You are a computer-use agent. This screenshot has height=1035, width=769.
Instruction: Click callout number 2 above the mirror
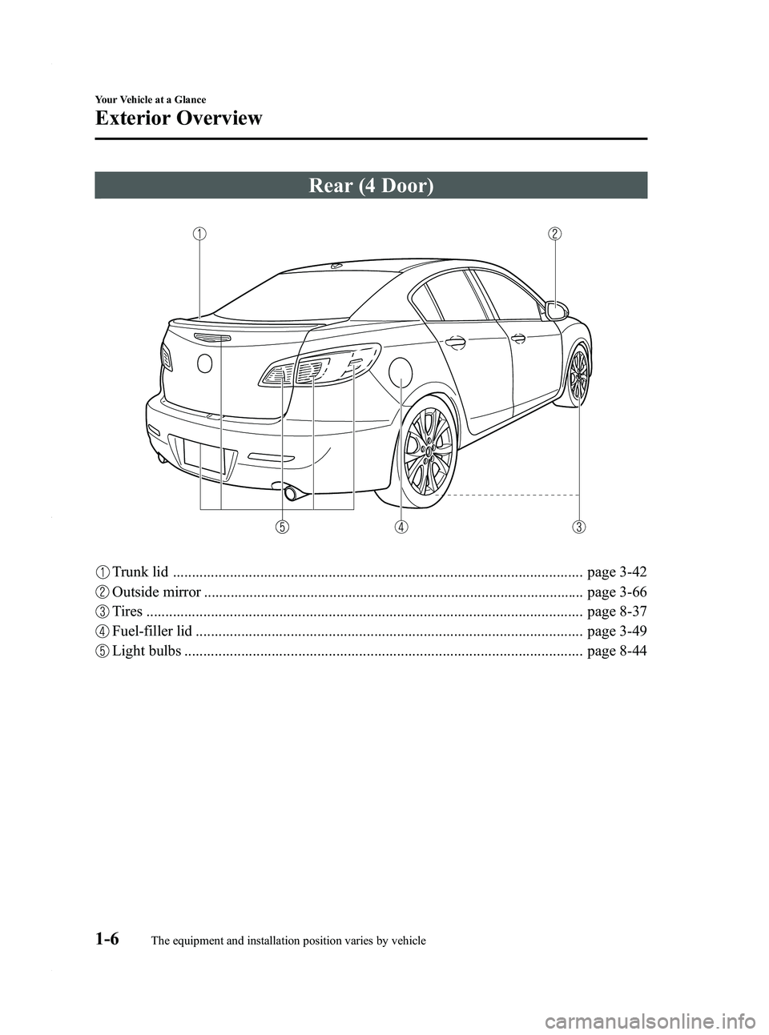554,234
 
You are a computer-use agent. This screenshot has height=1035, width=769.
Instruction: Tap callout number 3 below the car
578,527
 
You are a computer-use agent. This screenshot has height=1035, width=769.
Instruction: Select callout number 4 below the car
400,527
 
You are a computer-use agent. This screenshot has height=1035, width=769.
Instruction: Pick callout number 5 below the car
283,527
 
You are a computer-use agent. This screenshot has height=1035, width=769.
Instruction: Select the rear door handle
455,343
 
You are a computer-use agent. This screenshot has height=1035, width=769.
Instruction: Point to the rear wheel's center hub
429,451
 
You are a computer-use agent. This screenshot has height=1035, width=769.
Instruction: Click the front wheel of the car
578,375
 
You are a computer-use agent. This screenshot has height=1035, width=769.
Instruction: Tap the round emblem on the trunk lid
204,364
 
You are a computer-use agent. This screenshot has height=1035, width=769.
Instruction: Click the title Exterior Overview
179,119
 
